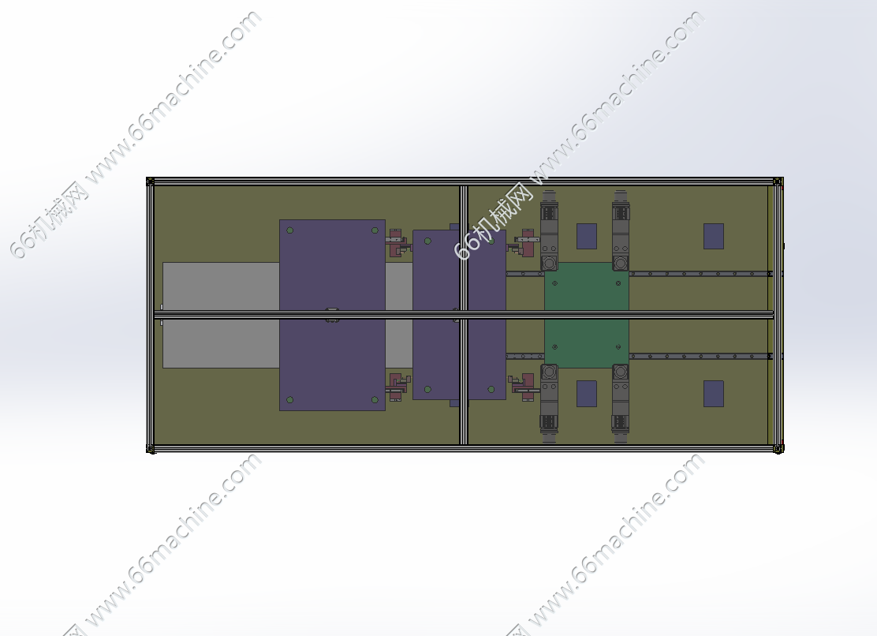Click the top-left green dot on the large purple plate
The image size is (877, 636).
click(289, 230)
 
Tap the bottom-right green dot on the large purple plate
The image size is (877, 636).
click(375, 400)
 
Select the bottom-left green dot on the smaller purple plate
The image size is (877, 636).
click(428, 389)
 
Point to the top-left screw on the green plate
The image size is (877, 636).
click(555, 283)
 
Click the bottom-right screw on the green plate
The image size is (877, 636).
click(618, 347)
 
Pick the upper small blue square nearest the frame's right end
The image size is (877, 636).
click(714, 236)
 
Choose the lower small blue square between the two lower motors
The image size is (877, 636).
click(587, 394)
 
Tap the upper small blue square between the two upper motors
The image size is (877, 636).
click(587, 236)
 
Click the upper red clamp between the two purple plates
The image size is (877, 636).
click(398, 242)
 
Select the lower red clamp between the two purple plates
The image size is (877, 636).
click(398, 387)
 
